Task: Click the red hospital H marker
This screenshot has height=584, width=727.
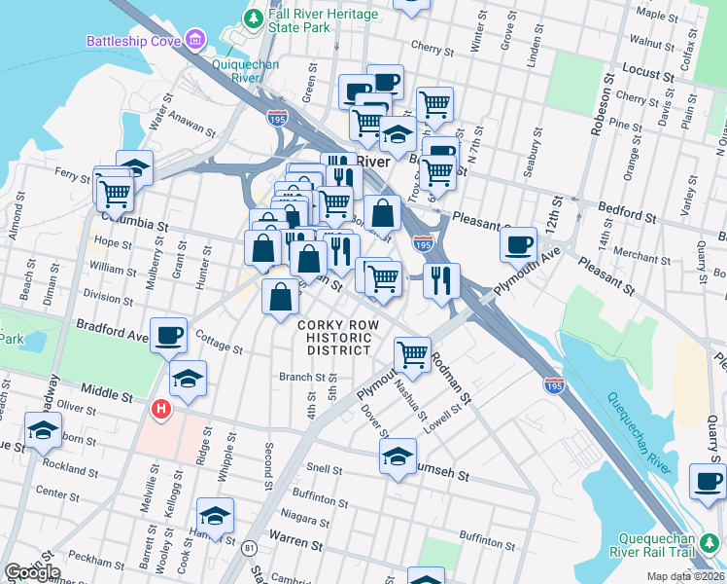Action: click(159, 412)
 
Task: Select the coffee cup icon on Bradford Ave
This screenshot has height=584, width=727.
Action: click(168, 334)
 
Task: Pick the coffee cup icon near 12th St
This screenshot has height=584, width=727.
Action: click(519, 241)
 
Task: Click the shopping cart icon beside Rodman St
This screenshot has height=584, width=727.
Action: click(413, 353)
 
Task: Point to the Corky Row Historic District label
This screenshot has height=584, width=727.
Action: click(334, 337)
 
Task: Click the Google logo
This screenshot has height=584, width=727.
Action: click(32, 572)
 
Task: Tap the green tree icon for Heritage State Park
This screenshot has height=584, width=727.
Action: click(254, 18)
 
